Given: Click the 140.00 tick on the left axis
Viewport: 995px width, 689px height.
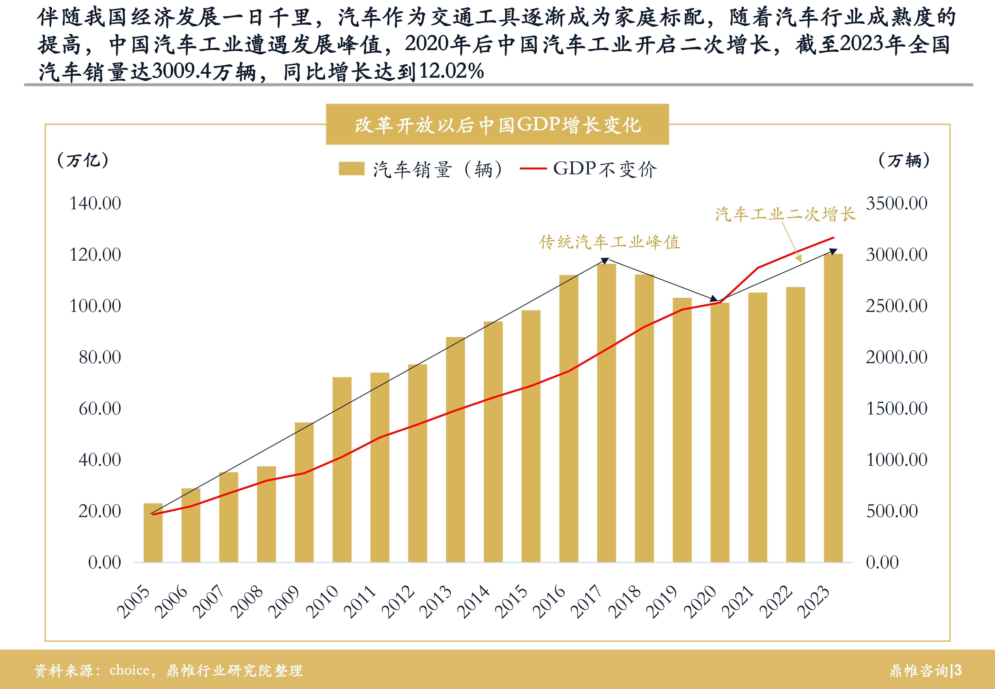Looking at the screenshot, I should pos(95,203).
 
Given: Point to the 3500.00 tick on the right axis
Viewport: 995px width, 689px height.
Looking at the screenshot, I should pos(897,203).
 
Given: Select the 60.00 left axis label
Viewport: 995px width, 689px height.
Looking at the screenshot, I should pos(100,408).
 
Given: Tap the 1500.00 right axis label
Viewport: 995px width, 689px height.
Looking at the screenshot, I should pos(897,408).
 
